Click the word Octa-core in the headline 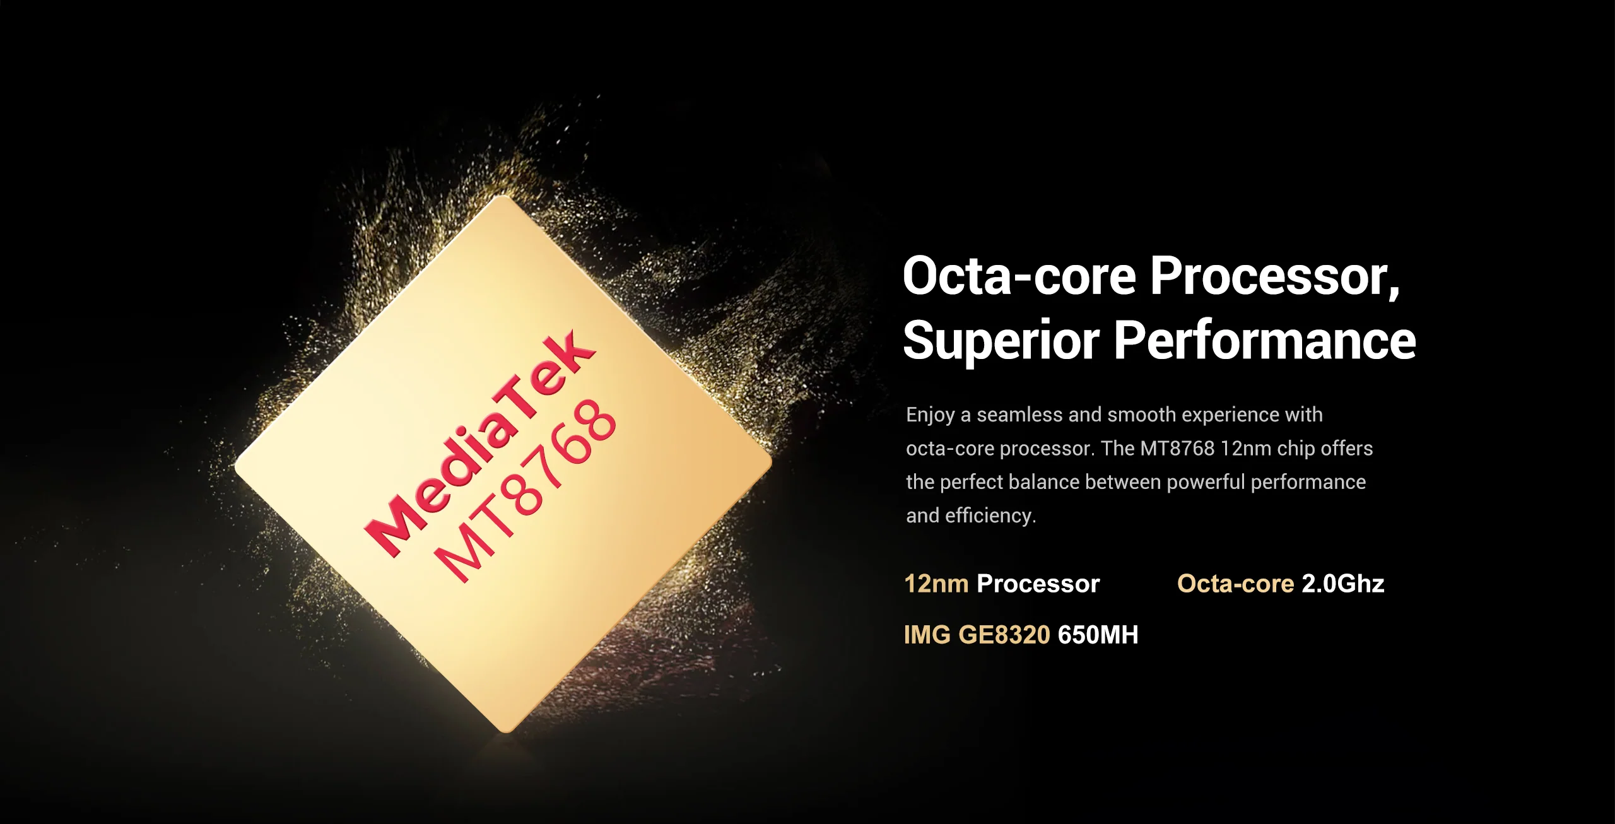(x=1019, y=276)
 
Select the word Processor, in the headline (x=1275, y=278)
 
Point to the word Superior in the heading (x=1001, y=341)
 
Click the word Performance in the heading (x=1265, y=340)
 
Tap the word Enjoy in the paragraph (x=930, y=416)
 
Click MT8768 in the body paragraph (x=1177, y=449)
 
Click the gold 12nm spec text (x=936, y=584)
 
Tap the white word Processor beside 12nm (x=1038, y=584)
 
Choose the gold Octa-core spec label (x=1236, y=584)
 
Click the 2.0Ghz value (x=1343, y=584)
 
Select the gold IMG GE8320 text (x=977, y=635)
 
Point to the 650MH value (x=1098, y=635)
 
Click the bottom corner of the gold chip (x=506, y=732)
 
